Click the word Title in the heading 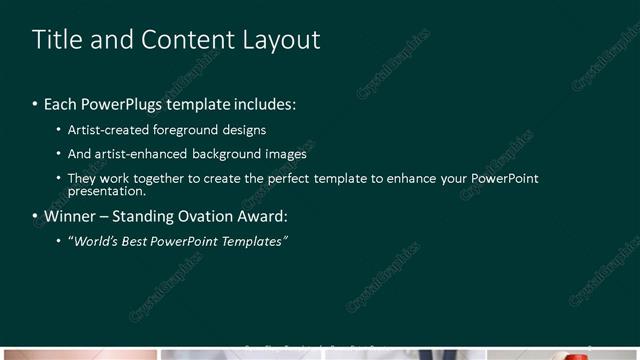pos(56,40)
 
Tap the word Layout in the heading pos(281,40)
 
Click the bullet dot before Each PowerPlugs pos(35,105)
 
